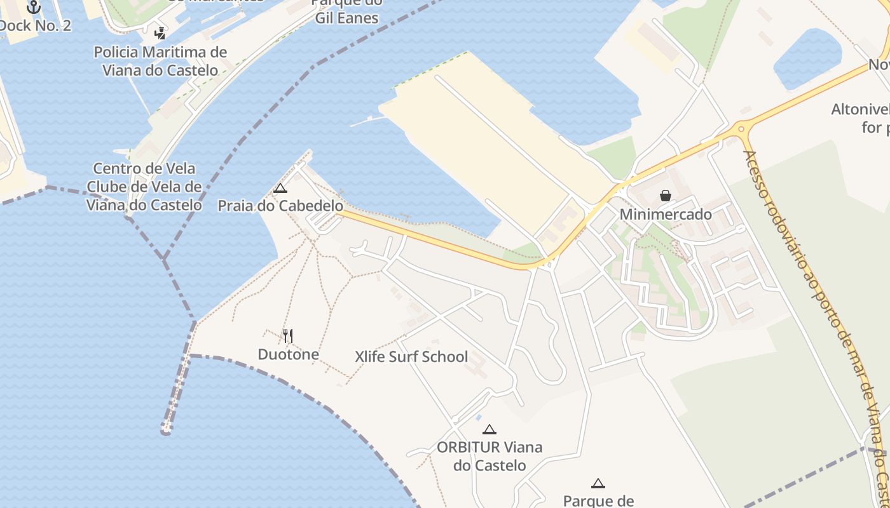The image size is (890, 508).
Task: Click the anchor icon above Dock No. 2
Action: pyautogui.click(x=34, y=7)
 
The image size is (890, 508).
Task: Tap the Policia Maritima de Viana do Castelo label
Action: pyautogui.click(x=160, y=61)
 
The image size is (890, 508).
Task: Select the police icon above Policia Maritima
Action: pyautogui.click(x=160, y=33)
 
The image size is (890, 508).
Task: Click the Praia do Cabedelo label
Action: pyautogui.click(x=280, y=206)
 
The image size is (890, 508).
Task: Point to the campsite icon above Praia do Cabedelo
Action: pyautogui.click(x=280, y=188)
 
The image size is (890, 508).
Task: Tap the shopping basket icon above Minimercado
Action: pyautogui.click(x=666, y=196)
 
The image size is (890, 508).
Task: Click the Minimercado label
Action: pyautogui.click(x=666, y=214)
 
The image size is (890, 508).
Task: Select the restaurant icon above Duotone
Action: pyautogui.click(x=288, y=335)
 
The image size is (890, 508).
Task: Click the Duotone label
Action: pyautogui.click(x=288, y=354)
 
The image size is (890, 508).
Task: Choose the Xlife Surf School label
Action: pyautogui.click(x=411, y=356)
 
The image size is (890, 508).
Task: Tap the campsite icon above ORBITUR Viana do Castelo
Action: pyautogui.click(x=489, y=429)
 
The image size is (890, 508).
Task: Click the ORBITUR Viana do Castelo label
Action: pyautogui.click(x=489, y=456)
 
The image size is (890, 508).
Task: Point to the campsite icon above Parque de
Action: pyautogui.click(x=598, y=483)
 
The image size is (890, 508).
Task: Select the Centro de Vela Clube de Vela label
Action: pyautogui.click(x=144, y=187)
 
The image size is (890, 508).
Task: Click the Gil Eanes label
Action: pyautogui.click(x=347, y=18)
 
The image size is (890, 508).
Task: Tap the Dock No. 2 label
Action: pyautogui.click(x=35, y=25)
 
